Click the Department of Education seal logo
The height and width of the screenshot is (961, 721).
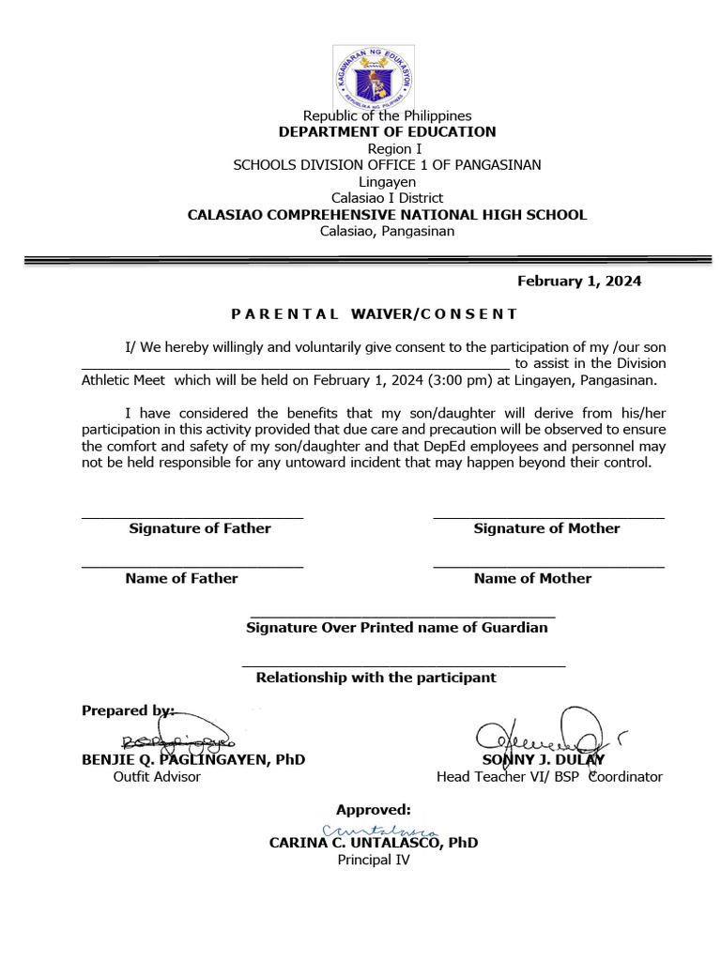(x=374, y=77)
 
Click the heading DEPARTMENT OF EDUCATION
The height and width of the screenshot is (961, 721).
(x=387, y=132)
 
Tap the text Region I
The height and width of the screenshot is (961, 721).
(x=387, y=149)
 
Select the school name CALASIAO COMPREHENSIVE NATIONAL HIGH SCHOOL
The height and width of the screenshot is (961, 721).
(x=387, y=215)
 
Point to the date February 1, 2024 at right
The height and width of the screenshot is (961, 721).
(x=579, y=282)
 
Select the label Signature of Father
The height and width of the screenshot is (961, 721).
(x=200, y=528)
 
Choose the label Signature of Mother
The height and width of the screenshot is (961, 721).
(x=546, y=528)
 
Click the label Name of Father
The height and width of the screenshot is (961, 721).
(x=181, y=578)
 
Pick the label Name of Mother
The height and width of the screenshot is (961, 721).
(x=532, y=578)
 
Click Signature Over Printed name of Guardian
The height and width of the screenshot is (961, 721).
(x=396, y=628)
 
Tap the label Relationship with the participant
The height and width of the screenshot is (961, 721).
(x=376, y=678)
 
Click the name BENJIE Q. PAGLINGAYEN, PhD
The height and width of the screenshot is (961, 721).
(x=193, y=759)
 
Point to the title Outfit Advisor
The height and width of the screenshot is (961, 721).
(x=157, y=777)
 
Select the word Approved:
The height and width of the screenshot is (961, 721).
(x=374, y=810)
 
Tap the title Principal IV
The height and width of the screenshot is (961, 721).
(x=374, y=860)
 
